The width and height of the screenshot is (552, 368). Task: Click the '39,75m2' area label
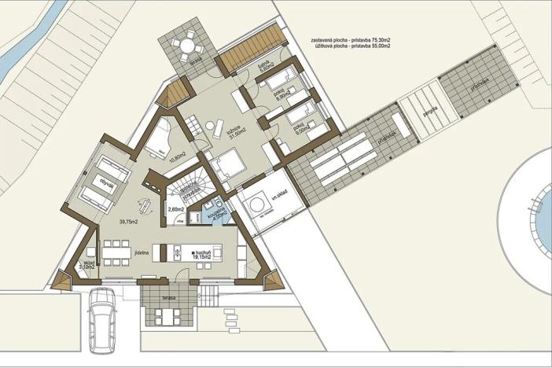coord(128,223)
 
